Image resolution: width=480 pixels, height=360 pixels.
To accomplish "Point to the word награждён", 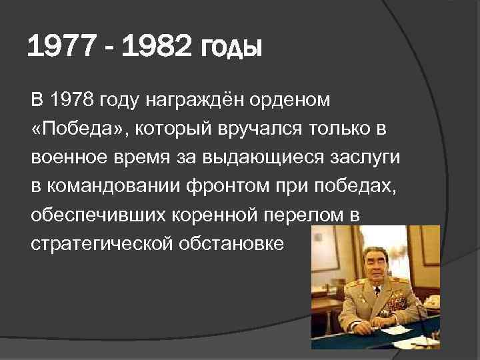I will tap(206, 101).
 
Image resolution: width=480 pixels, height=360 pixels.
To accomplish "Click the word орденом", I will tap(296, 100).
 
